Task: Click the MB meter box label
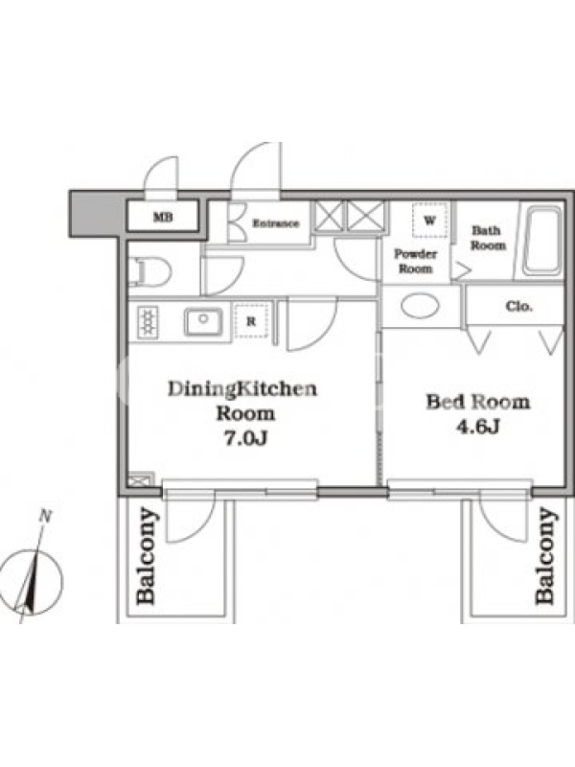163,217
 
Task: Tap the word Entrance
276,223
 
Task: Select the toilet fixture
150,272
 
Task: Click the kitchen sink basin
203,321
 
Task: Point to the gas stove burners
148,321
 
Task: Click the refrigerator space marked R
251,321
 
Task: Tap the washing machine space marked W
429,221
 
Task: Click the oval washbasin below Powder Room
420,306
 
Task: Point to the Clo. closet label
518,307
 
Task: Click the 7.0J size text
245,438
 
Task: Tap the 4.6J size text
477,427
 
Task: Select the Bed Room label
478,402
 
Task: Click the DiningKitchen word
242,389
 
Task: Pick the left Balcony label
147,556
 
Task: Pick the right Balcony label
545,556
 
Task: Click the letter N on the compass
45,516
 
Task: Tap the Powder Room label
416,261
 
